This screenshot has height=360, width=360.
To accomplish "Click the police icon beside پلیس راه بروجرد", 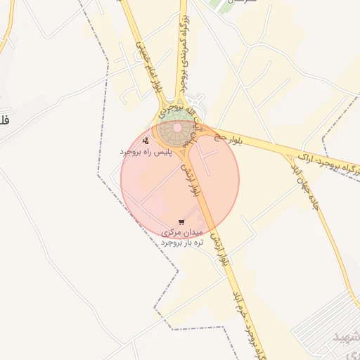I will tap(146, 141).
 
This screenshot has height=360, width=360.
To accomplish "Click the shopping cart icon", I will tap(182, 221).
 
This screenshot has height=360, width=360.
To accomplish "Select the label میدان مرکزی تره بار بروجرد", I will tap(182, 236).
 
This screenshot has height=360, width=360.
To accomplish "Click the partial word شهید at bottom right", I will tap(345, 338).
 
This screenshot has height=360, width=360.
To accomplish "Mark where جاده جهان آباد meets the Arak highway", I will tap(290, 154).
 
